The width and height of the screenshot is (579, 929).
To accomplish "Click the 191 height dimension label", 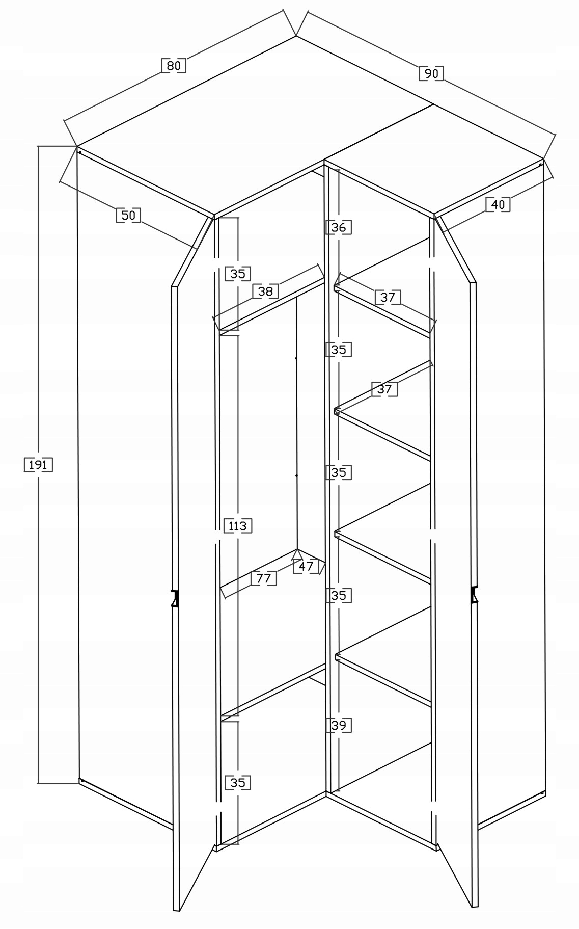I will point(38,465).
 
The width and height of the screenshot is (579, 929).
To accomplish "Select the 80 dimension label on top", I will point(174,66).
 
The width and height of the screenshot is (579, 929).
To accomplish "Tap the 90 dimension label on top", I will point(431,73).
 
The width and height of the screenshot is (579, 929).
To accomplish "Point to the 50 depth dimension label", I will point(128,215).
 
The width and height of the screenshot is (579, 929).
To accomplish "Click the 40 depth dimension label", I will point(498,204).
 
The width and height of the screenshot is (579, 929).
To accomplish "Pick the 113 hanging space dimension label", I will point(237,525).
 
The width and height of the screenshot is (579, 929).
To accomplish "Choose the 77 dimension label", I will point(263,578).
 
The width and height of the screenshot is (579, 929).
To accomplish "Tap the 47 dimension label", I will point(306,566).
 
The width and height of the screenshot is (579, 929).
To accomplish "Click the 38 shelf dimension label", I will point(265,291).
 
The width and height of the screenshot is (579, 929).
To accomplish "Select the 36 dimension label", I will point(338,227).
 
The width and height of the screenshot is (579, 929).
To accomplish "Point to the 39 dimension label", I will point(338,725).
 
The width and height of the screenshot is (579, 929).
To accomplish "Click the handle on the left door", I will point(175,598).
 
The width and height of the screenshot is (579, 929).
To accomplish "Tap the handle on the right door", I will point(475,594).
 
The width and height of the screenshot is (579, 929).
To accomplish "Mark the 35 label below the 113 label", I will point(237,782).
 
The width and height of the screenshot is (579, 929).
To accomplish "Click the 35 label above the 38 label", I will point(237,274).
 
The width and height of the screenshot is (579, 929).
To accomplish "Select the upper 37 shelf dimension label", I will point(388,297).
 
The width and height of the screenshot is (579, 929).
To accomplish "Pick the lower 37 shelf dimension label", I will point(384,389).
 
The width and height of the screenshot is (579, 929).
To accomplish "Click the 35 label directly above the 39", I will point(338,595).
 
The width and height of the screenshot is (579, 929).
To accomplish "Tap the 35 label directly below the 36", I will point(338,350).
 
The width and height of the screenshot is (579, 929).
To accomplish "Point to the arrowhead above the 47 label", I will point(298,553).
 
